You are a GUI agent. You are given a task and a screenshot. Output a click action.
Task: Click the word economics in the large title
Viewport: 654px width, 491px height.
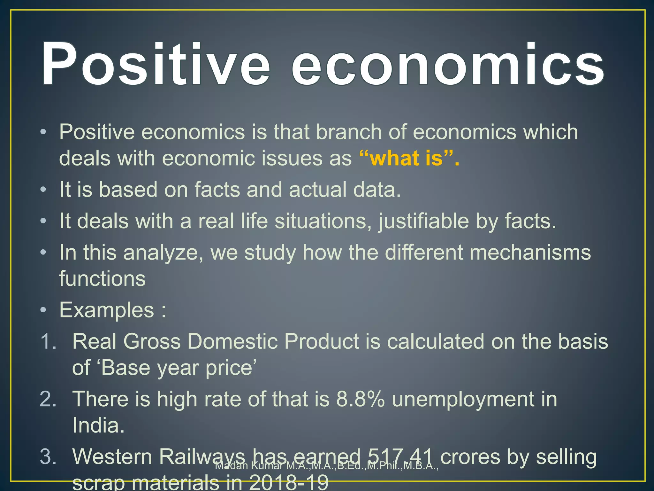447,66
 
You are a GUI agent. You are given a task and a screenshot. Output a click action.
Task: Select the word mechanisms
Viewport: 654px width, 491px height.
530,253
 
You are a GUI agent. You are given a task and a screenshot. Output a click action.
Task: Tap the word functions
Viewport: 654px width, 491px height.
102,278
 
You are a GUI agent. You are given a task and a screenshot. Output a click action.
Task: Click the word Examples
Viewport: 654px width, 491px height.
107,310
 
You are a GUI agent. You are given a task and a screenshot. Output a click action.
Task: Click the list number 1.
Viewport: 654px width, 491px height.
48,341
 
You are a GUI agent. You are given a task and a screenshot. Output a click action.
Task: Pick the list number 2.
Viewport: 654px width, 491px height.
48,399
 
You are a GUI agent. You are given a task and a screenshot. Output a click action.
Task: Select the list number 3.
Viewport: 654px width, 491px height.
48,457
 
